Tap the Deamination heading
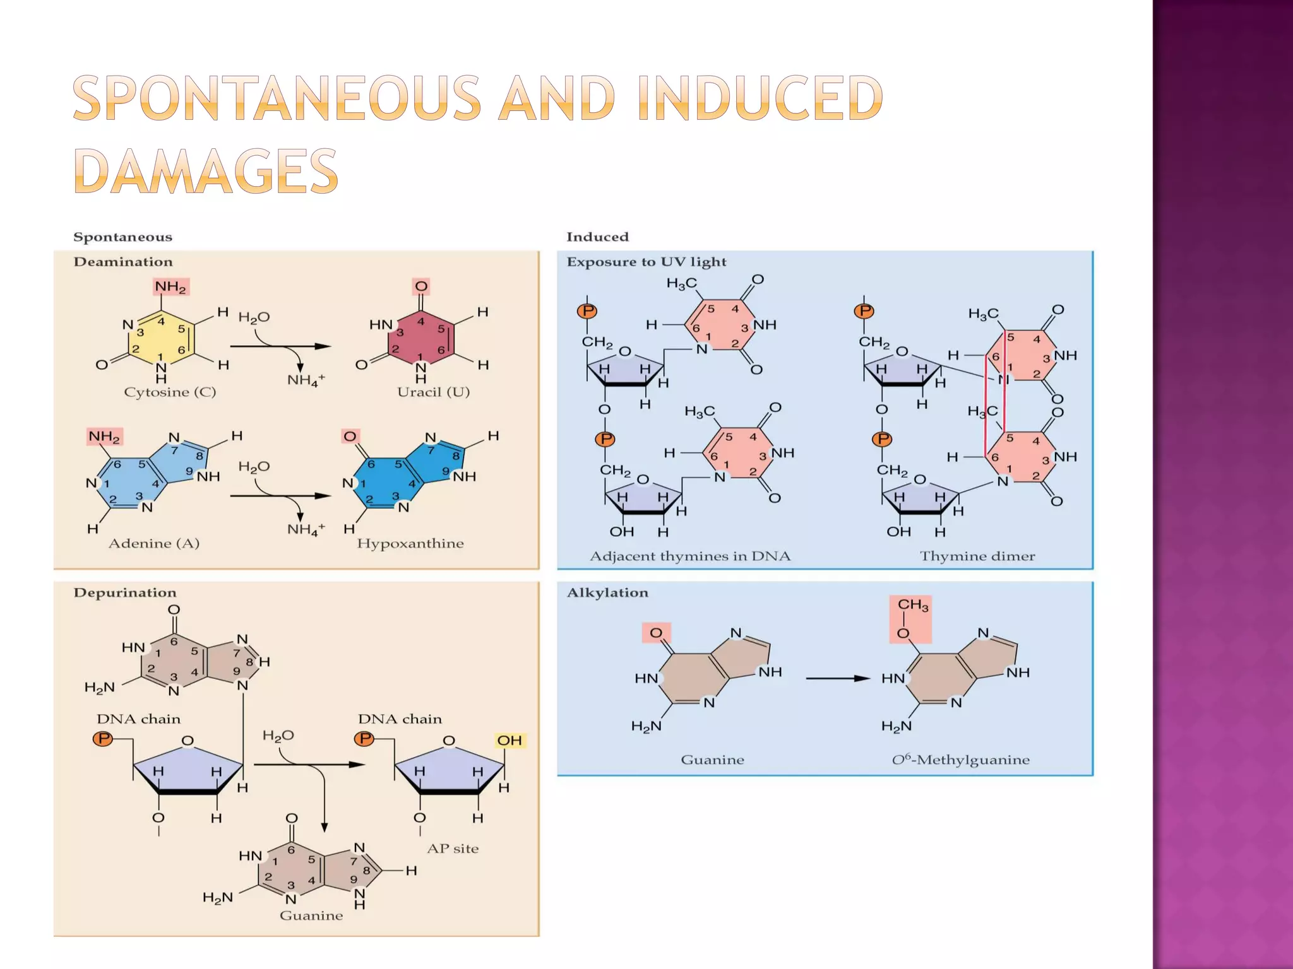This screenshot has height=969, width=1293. click(123, 262)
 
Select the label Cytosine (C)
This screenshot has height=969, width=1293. click(170, 392)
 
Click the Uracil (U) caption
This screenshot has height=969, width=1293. click(433, 392)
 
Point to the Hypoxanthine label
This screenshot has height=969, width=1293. click(410, 543)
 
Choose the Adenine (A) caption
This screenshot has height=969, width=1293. click(154, 543)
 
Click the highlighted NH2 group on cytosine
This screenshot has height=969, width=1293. click(170, 287)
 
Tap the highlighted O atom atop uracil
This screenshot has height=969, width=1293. click(421, 286)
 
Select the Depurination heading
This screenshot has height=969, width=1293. click(125, 592)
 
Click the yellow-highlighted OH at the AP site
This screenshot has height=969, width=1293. click(509, 740)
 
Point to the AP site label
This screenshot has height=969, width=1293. click(453, 849)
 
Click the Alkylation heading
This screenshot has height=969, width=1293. click(607, 592)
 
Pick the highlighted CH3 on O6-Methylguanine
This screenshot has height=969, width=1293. click(913, 605)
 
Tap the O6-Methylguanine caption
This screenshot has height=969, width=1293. click(960, 760)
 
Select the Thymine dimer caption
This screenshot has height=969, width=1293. click(977, 556)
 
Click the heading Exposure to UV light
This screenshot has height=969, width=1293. click(646, 262)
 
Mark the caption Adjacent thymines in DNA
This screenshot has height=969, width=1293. click(690, 556)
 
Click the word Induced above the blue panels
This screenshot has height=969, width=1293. click(597, 237)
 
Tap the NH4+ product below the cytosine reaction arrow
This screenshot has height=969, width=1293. click(306, 380)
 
